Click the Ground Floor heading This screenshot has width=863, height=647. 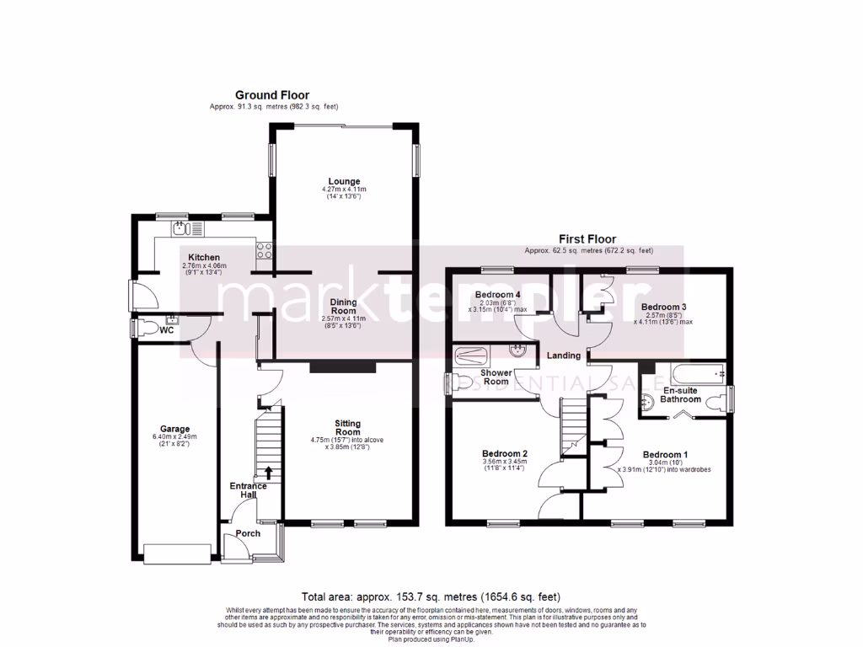point(271,95)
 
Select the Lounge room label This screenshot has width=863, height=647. point(344,181)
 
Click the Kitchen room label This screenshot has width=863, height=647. point(204,258)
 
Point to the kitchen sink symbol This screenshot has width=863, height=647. point(180,227)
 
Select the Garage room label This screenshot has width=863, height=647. point(175,428)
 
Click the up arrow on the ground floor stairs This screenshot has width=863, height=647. point(269,472)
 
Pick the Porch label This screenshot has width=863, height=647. point(248,533)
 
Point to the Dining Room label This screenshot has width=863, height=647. point(343,307)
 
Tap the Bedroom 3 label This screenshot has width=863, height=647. point(665,307)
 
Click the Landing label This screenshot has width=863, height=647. point(562,356)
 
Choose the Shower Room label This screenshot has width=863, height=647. point(496,377)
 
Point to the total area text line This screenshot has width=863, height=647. point(431,596)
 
